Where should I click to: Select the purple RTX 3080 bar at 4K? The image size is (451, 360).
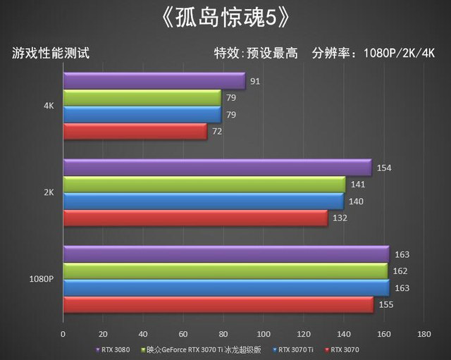[x=154, y=81]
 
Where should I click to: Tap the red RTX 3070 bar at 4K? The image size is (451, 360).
[x=135, y=132]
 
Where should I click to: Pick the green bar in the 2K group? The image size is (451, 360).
[x=204, y=185]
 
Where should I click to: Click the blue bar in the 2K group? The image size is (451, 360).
[x=203, y=201]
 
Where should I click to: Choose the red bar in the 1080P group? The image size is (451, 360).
[x=218, y=304]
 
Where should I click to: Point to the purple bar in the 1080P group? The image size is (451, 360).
[x=225, y=254]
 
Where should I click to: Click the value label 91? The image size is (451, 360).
[x=255, y=82]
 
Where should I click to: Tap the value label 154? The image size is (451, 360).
[x=384, y=168]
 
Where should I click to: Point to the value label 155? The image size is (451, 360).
[x=385, y=304]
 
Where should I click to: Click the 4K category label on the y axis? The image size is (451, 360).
[x=49, y=106]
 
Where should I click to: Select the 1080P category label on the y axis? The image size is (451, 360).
[x=42, y=279]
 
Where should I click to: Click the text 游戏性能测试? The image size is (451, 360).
[x=50, y=53]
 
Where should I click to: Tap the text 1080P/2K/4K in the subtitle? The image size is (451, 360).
[x=399, y=53]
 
